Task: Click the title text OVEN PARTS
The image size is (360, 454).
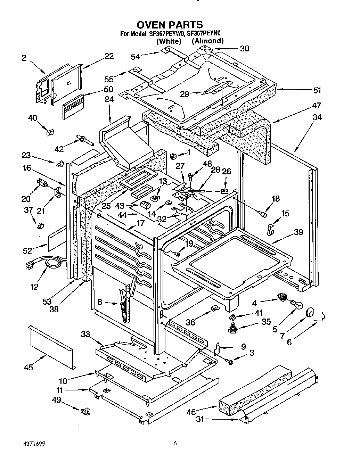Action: point(169,25)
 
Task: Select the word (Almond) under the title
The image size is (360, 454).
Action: point(207,41)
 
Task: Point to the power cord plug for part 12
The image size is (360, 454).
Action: point(29,265)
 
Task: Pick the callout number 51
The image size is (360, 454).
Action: point(317,90)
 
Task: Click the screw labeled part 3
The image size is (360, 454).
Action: point(230,362)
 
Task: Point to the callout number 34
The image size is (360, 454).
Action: point(317,117)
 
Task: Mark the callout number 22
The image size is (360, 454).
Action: point(109,56)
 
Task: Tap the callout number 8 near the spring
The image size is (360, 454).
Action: point(100,302)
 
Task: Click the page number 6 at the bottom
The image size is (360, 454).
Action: point(175,444)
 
